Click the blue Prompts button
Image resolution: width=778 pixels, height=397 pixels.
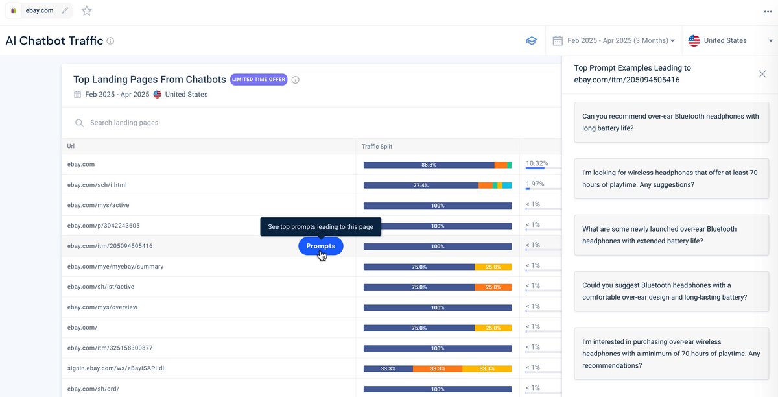tap(320, 246)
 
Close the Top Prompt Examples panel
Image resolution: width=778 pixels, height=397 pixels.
tap(762, 74)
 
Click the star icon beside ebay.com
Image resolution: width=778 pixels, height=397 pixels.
tap(87, 11)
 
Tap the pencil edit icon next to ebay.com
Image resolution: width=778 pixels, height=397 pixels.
tap(65, 11)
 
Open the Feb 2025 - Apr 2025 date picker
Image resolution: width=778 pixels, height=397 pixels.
tap(613, 40)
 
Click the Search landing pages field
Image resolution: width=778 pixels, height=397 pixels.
tap(194, 123)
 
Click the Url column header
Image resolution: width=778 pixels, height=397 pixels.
tap(71, 147)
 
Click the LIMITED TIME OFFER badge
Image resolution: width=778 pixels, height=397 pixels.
tap(258, 80)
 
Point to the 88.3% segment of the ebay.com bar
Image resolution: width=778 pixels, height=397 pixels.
tap(429, 165)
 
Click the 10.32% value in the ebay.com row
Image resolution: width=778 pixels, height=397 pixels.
tap(537, 163)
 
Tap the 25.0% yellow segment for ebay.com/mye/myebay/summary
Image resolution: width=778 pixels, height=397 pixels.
tap(493, 267)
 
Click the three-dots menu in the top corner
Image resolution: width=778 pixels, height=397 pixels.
tap(768, 11)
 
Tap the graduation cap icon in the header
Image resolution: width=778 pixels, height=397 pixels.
tap(531, 41)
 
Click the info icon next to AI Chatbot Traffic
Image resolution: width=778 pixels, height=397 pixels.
tap(110, 41)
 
